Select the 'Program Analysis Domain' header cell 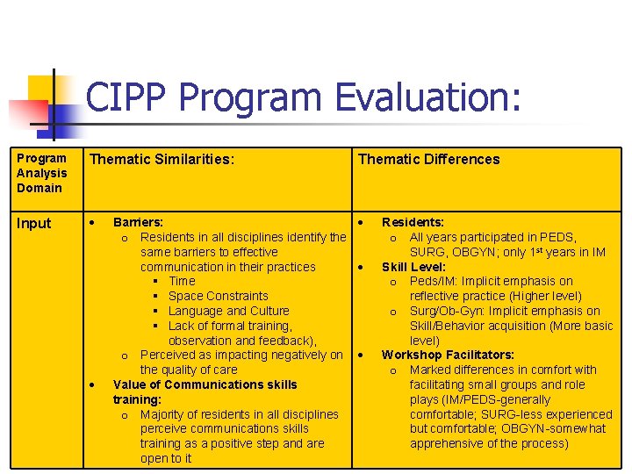click(41, 173)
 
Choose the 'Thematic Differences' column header click(428, 160)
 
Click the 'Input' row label click(34, 224)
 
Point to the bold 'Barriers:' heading click(138, 223)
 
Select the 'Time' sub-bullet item click(182, 282)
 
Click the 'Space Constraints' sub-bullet click(218, 297)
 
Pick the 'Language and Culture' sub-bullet click(228, 312)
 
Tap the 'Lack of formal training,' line click(229, 327)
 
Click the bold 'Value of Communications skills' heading click(205, 384)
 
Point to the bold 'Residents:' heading click(413, 223)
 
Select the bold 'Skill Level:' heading click(413, 267)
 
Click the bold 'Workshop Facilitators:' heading click(448, 355)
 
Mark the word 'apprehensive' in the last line click(446, 444)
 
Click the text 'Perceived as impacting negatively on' click(241, 355)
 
